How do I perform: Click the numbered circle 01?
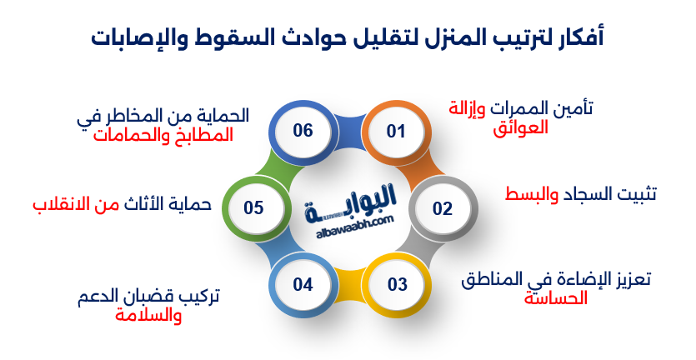[396, 132]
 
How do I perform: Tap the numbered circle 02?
[442, 208]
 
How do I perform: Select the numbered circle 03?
[398, 284]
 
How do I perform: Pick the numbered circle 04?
[303, 284]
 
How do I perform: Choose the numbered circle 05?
[253, 207]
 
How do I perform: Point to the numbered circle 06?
[303, 131]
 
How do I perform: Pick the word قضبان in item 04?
[170, 295]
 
